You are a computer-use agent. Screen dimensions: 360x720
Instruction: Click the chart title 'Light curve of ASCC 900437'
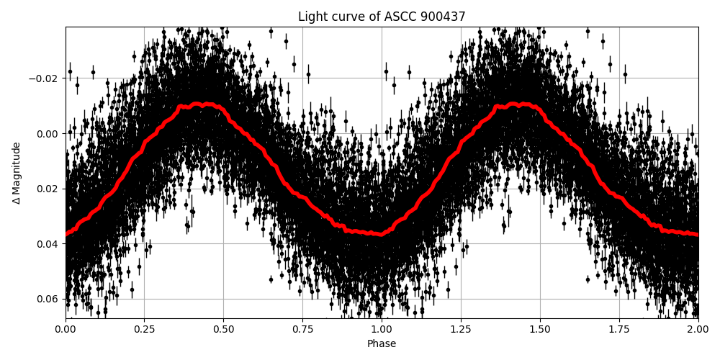point(382,17)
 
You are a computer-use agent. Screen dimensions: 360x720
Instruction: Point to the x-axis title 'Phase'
point(382,344)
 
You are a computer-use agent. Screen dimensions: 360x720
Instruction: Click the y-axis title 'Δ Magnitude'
point(17,173)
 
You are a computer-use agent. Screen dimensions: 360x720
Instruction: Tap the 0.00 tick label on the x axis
point(66,330)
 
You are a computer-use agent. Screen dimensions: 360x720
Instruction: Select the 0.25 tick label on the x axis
point(144,330)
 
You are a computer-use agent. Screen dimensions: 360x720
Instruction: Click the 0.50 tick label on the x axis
point(223,330)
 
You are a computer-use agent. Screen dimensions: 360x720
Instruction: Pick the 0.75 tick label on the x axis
point(302,330)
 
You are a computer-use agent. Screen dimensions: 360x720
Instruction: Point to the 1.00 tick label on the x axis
point(382,330)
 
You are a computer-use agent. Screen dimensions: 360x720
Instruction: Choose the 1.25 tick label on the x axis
point(461,330)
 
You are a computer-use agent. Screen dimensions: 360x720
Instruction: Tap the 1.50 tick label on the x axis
point(540,330)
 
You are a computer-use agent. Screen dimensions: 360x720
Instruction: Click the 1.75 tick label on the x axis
point(619,330)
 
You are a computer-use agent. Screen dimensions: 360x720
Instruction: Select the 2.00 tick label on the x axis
point(698,330)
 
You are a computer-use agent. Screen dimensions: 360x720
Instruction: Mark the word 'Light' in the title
point(312,17)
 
